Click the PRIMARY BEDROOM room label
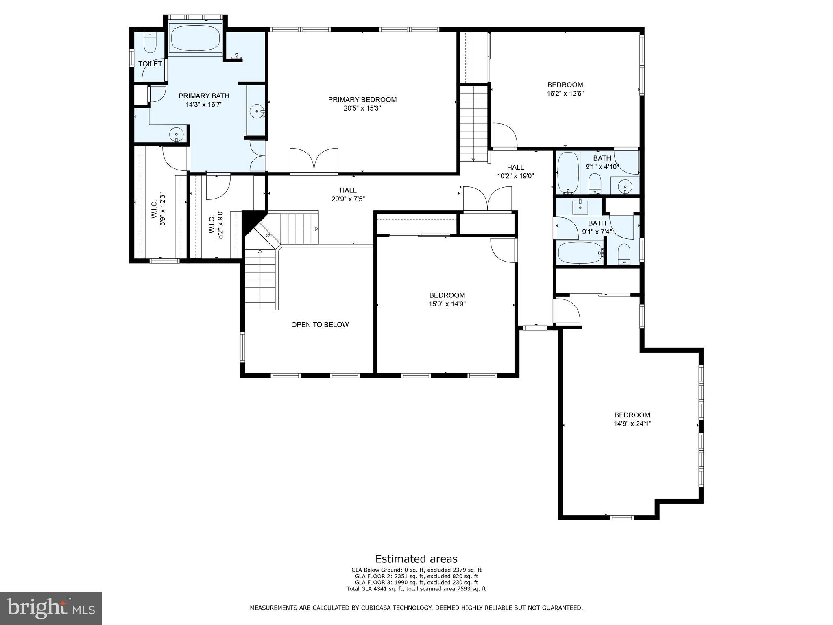coord(362,100)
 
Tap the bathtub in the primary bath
coord(195,38)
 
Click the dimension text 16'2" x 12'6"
coord(565,94)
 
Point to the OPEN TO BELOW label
coord(320,325)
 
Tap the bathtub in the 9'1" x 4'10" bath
coord(567,172)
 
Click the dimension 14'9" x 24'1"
coord(632,424)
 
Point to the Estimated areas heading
coord(416,559)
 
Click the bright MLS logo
coord(51,608)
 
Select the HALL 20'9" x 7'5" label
coord(348,194)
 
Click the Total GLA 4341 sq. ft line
coord(416,588)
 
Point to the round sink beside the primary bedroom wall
coord(257,110)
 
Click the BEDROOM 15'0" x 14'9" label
coord(447,299)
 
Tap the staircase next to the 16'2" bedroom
coord(473,122)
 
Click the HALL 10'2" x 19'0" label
coord(515,171)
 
